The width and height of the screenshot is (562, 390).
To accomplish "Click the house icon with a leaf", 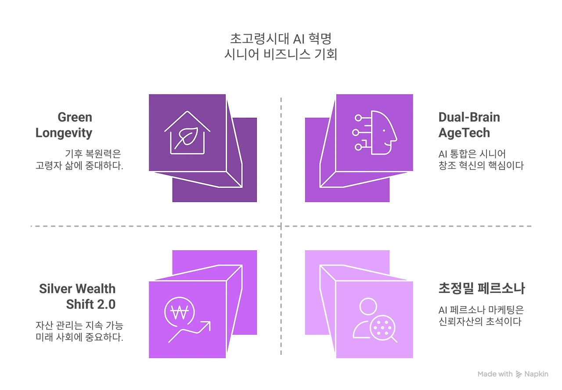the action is click(187, 132).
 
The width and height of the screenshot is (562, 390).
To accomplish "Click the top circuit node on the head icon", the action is click(358, 118).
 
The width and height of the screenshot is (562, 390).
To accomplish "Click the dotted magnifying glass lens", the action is click(381, 328).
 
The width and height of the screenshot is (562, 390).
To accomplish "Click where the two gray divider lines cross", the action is click(281, 224).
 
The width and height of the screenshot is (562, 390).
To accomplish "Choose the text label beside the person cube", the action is click(480, 305).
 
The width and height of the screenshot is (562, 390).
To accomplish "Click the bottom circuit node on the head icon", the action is click(358, 146).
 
